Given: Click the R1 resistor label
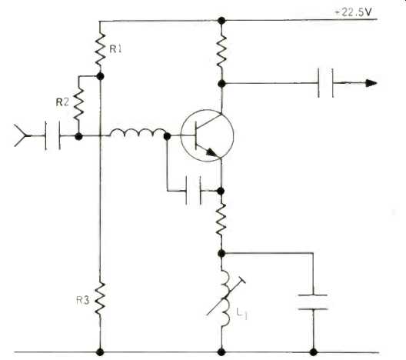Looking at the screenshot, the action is pyautogui.click(x=115, y=49).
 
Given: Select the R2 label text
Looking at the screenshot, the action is pyautogui.click(x=62, y=102).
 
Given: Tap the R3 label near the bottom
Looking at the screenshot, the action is pyautogui.click(x=83, y=301).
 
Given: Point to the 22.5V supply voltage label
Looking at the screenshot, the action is pyautogui.click(x=354, y=12).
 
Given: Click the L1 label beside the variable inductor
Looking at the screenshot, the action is pyautogui.click(x=242, y=314).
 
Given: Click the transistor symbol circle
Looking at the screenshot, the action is pyautogui.click(x=207, y=135).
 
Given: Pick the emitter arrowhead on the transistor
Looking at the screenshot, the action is pyautogui.click(x=213, y=153).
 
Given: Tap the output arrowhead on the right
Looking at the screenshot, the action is pyautogui.click(x=371, y=83).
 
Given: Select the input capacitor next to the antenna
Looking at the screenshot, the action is pyautogui.click(x=53, y=135).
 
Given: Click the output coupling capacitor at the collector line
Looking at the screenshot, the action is pyautogui.click(x=325, y=83).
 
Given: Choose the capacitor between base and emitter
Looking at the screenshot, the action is pyautogui.click(x=193, y=191).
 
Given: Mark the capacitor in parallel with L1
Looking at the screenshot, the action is pyautogui.click(x=313, y=302).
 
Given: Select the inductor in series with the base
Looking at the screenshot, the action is pyautogui.click(x=138, y=132).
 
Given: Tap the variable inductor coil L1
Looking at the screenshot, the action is pyautogui.click(x=225, y=298).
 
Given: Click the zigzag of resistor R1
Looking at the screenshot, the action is pyautogui.click(x=100, y=49).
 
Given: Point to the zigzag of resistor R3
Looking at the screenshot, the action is pyautogui.click(x=100, y=299).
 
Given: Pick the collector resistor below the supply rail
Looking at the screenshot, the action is pyautogui.click(x=221, y=52).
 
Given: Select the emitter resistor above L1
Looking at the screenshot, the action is pyautogui.click(x=221, y=220).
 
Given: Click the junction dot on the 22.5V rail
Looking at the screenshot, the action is pyautogui.click(x=221, y=20).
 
